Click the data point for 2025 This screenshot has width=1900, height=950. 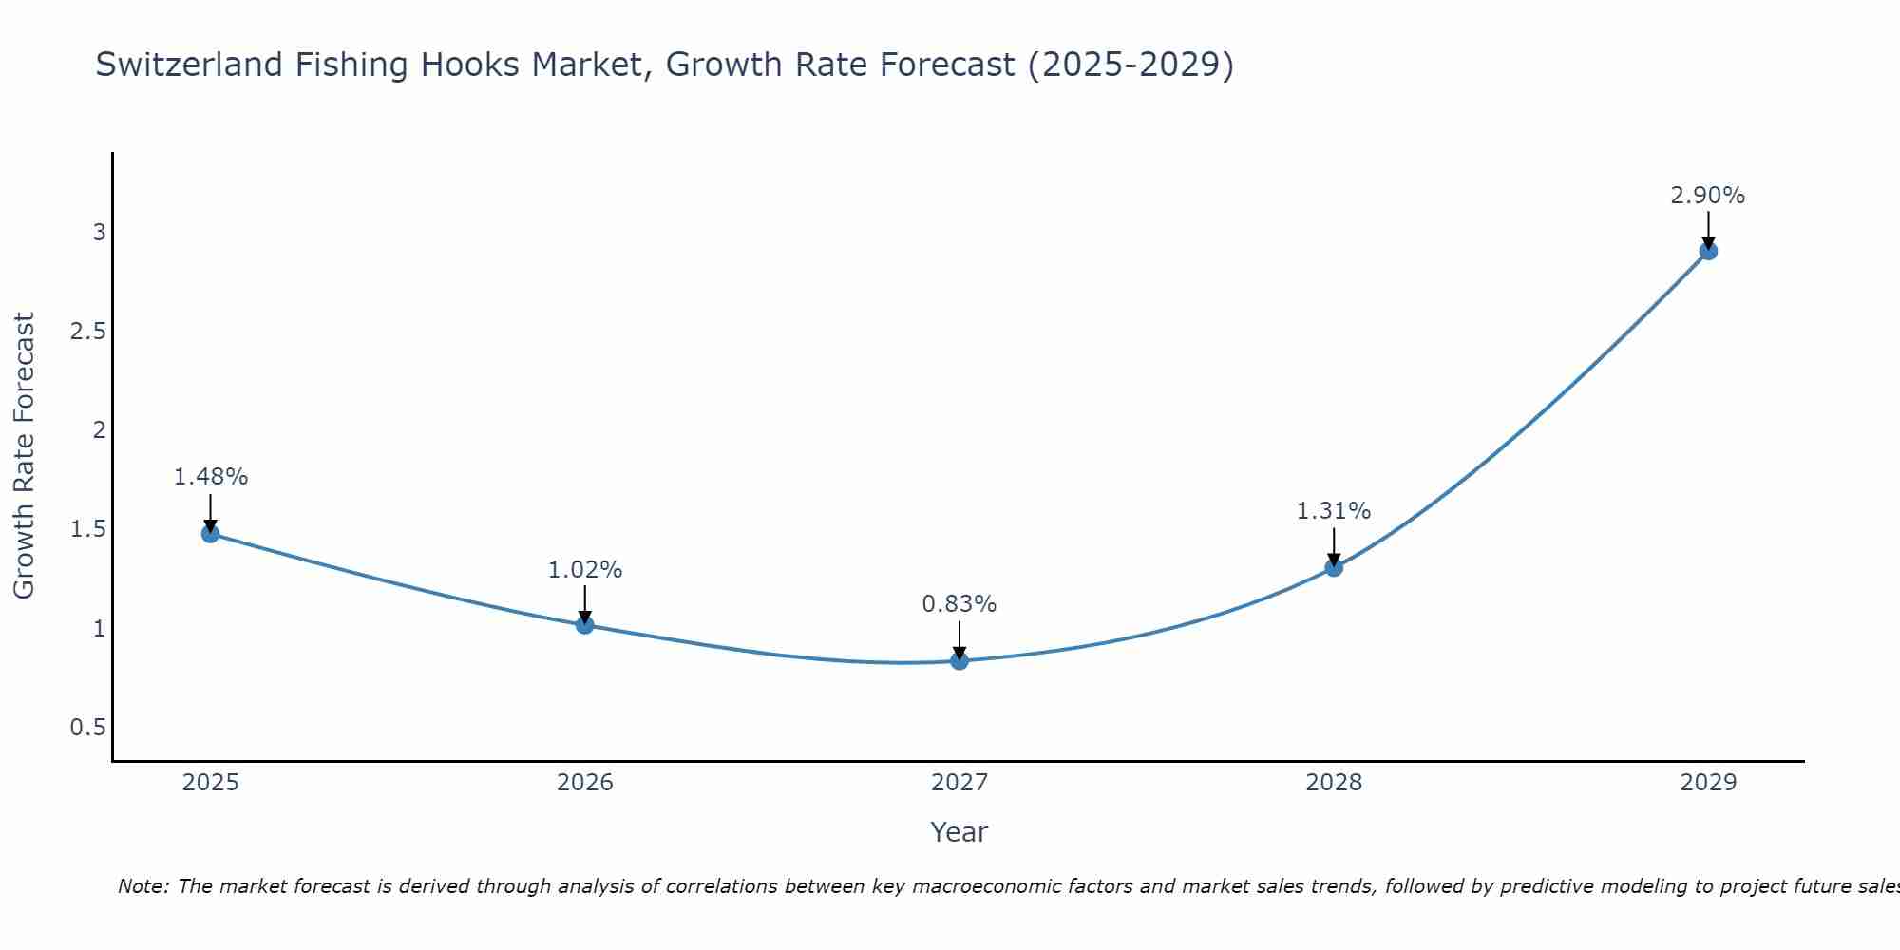(x=210, y=534)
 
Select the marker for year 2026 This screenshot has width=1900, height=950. (x=584, y=625)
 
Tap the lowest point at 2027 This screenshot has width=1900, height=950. (x=959, y=661)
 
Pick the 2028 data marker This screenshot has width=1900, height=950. (x=1334, y=568)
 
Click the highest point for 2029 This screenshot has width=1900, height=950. (x=1708, y=252)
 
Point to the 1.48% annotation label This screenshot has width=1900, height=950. (x=210, y=477)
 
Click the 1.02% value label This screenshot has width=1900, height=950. (x=584, y=570)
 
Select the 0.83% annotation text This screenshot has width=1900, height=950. (x=959, y=604)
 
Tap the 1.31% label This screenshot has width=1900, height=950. (x=1334, y=511)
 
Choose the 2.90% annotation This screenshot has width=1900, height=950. (x=1708, y=196)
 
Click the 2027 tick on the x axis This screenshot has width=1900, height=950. (x=959, y=783)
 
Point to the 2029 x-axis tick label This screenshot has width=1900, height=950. (x=1708, y=783)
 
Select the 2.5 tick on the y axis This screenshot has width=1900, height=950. (x=86, y=332)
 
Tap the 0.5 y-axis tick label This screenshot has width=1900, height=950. (x=86, y=728)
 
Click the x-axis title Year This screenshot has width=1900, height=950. (x=959, y=832)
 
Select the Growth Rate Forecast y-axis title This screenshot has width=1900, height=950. (x=24, y=456)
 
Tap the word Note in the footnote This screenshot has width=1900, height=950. (x=142, y=886)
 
